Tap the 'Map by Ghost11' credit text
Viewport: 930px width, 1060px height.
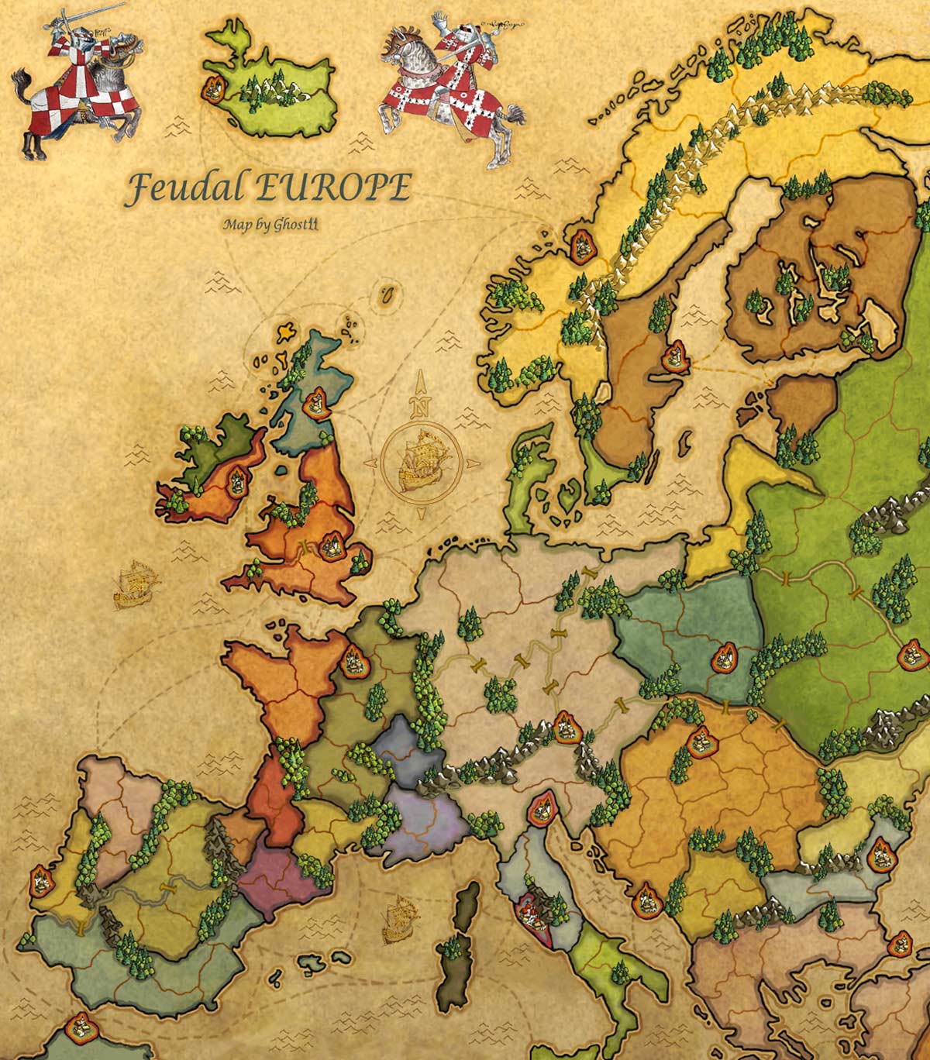tap(263, 225)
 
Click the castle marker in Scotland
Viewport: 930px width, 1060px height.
tap(316, 404)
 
